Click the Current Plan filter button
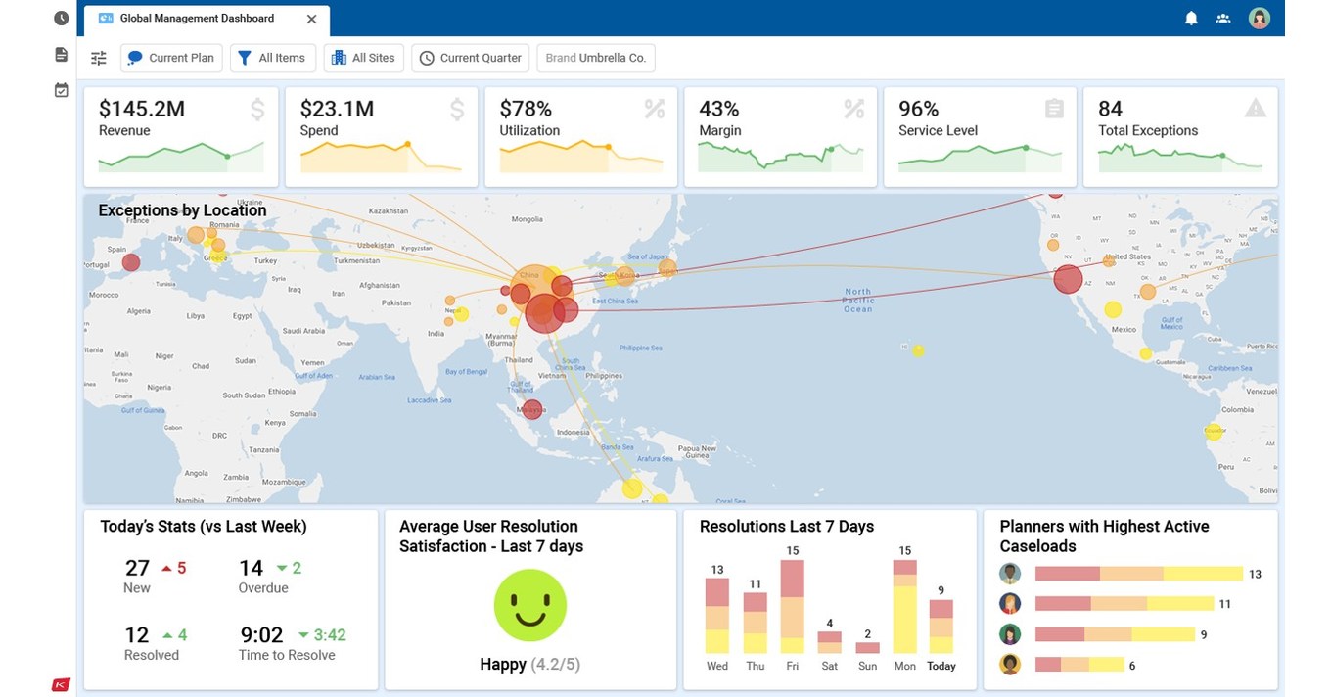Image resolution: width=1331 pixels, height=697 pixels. [x=171, y=58]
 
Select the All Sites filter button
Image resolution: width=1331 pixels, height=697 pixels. [x=364, y=58]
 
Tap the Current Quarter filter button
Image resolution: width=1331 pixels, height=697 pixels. [x=470, y=58]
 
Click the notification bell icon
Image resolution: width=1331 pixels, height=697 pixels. [x=1191, y=19]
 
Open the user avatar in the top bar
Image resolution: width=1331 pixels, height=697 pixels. [x=1259, y=19]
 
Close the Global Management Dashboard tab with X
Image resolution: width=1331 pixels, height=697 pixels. [x=311, y=19]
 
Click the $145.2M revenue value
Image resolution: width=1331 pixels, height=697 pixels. [x=142, y=109]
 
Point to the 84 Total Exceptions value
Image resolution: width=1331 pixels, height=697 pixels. [x=1110, y=109]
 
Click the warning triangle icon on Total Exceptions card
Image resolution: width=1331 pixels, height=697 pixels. [x=1255, y=109]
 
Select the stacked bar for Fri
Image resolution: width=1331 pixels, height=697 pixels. [x=792, y=606]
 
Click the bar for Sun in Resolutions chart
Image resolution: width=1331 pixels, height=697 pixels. [x=867, y=647]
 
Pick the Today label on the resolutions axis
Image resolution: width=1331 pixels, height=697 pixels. [x=941, y=666]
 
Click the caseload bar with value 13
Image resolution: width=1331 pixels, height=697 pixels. [x=1138, y=574]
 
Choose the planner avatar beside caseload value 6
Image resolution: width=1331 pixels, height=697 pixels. [x=1010, y=665]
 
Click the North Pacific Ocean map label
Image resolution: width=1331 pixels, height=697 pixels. [x=857, y=301]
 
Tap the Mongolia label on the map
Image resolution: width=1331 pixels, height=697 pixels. [x=527, y=219]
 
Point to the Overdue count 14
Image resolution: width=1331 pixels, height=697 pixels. [x=251, y=568]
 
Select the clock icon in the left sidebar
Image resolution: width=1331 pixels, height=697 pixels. [x=61, y=19]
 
